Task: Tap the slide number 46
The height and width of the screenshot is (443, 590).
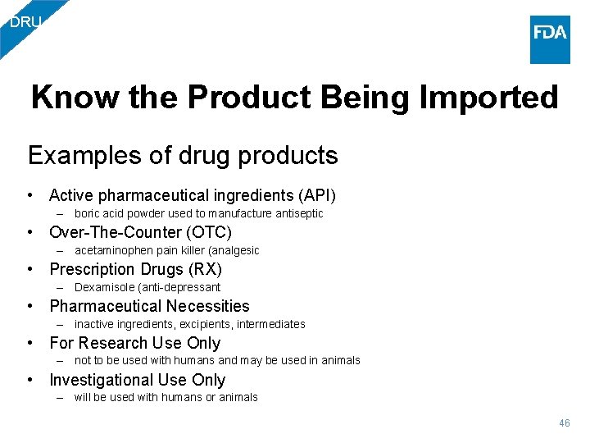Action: (564, 423)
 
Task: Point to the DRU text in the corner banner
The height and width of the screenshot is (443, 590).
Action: (25, 22)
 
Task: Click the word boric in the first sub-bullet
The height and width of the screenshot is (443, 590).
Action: (87, 213)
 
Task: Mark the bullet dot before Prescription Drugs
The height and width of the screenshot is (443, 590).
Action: (30, 269)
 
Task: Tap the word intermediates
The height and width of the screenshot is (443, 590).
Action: (277, 324)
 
